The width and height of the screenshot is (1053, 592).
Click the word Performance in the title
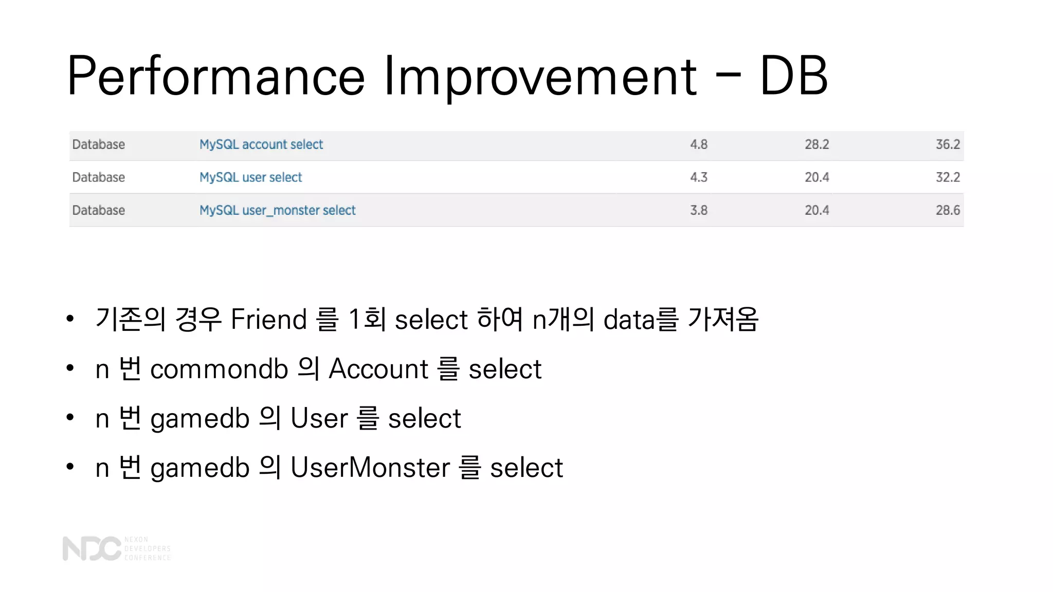point(216,76)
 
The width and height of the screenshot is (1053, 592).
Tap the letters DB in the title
point(793,76)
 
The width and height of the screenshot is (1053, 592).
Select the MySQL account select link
point(261,144)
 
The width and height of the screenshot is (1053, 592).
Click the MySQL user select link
point(250,177)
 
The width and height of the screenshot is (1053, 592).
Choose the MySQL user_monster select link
point(277,210)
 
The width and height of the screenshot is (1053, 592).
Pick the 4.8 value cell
point(698,144)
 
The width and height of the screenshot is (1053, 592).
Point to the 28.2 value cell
point(816,144)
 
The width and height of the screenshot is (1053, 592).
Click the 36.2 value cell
point(947,144)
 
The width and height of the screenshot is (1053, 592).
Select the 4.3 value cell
point(698,177)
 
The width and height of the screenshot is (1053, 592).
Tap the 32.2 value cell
point(947,177)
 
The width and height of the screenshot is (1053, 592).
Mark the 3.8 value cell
point(698,210)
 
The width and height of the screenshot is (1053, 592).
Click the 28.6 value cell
point(947,210)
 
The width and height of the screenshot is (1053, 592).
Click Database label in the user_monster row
point(98,210)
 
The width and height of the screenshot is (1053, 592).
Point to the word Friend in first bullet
point(268,319)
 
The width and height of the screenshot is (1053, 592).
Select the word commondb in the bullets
point(219,369)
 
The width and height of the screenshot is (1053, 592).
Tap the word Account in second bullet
point(378,369)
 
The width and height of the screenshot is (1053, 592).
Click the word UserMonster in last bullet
point(370,468)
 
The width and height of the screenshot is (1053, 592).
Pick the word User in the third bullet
point(319,418)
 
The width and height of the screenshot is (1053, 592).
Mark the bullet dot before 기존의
point(70,319)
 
